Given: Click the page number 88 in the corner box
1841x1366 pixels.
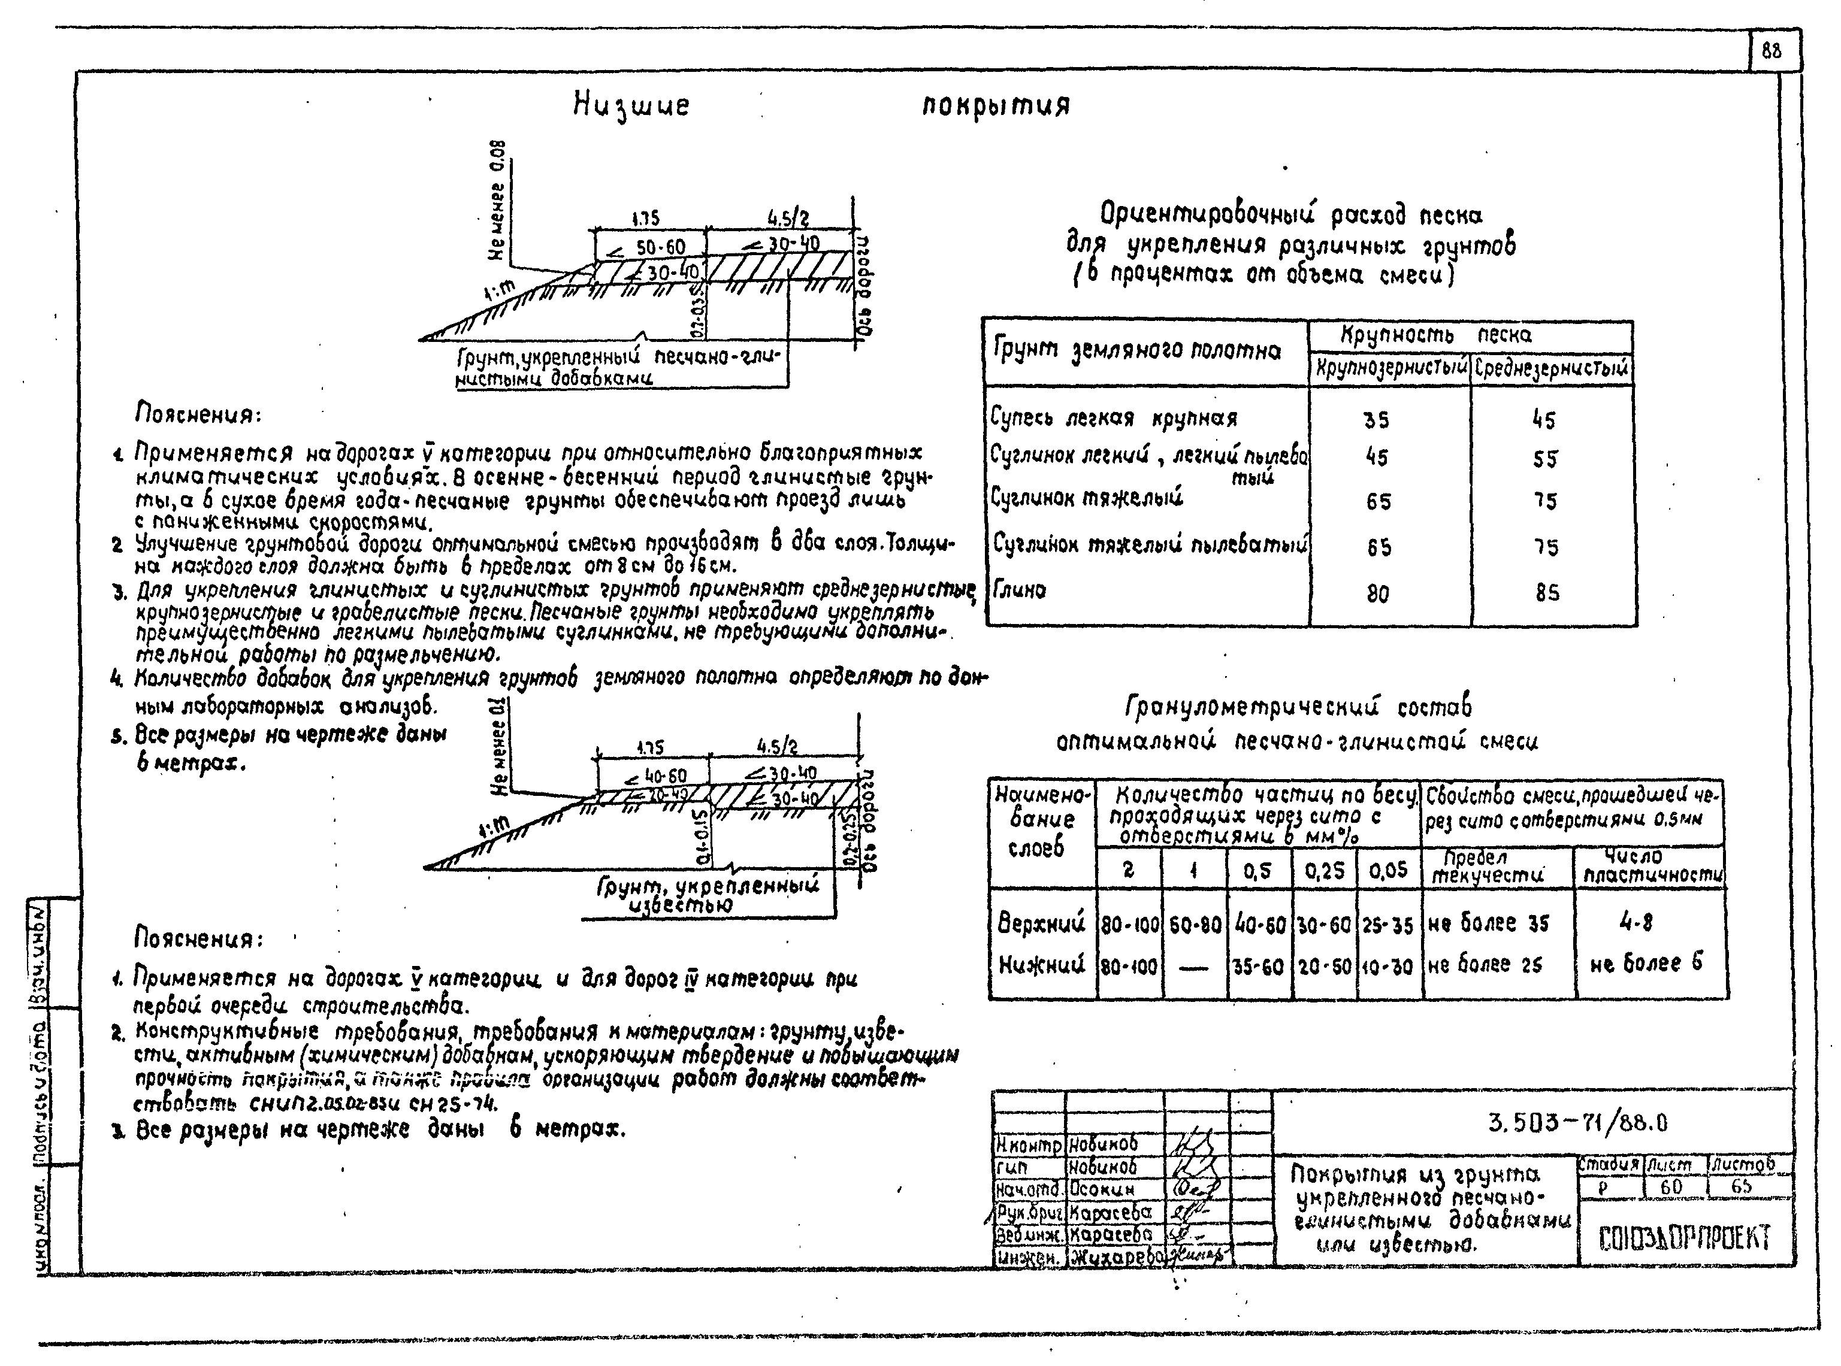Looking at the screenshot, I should (1771, 52).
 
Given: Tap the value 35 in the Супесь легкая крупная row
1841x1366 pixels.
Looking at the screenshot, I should (1376, 420).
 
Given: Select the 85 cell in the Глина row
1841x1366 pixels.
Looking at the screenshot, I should (1547, 592).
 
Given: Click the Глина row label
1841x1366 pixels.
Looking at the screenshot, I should (1020, 589).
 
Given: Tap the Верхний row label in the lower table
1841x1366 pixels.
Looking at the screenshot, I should (1041, 923).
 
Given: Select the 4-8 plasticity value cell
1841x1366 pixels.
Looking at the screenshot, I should (1636, 923).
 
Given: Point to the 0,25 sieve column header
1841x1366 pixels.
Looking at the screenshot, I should (1324, 871).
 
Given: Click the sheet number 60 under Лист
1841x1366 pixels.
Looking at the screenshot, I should (1671, 1186).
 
